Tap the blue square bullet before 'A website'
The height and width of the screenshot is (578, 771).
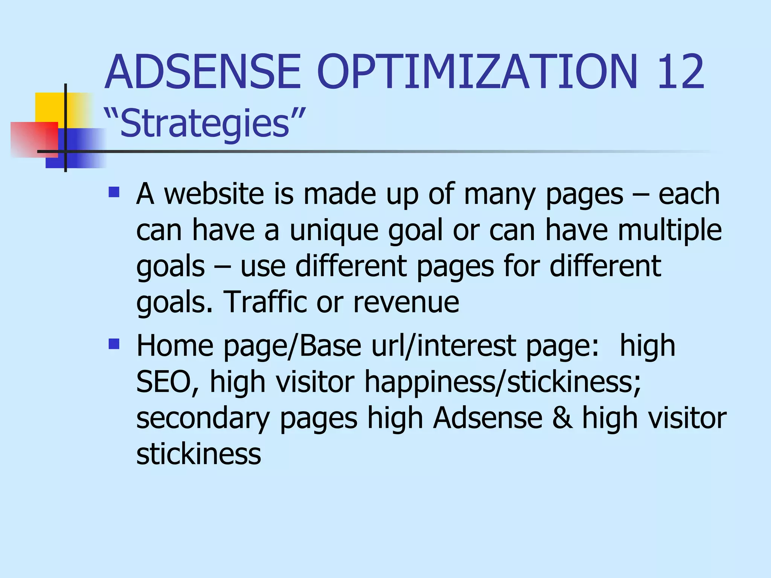click(114, 192)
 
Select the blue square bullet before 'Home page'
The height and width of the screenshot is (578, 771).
click(114, 344)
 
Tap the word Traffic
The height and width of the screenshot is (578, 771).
click(265, 302)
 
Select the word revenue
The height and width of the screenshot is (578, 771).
click(406, 302)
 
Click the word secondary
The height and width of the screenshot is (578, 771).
click(203, 418)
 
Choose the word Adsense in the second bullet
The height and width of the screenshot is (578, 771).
click(488, 418)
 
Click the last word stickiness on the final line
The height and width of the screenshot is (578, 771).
click(198, 454)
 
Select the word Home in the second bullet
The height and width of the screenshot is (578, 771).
click(175, 346)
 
